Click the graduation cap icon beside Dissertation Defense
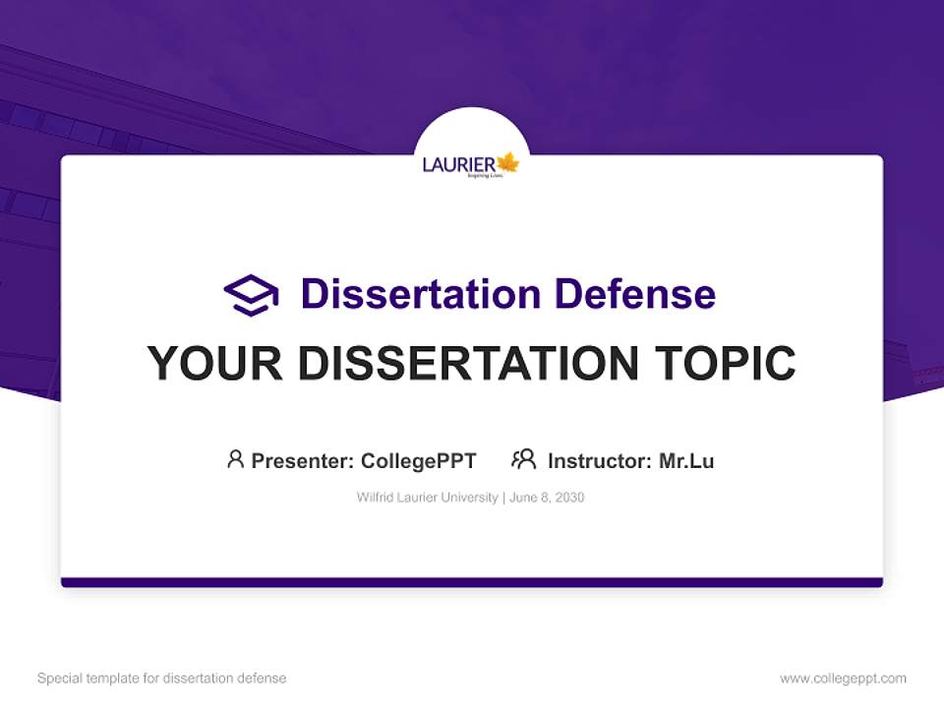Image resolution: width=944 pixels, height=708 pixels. point(251,295)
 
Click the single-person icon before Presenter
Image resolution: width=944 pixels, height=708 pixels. point(235,459)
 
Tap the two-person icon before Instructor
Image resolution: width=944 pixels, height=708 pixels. point(523,459)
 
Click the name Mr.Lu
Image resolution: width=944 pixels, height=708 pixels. point(686,461)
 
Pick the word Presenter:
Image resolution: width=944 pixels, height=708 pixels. point(302,461)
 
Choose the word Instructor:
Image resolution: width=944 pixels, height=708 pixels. point(599,461)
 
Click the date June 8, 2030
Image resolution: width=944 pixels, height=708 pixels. point(547,498)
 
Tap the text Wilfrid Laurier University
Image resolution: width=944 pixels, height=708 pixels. point(427,498)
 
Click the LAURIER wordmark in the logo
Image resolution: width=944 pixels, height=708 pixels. point(458,164)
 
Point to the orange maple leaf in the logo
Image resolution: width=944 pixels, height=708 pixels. point(507,162)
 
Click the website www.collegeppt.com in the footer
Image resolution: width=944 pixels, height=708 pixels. point(843,678)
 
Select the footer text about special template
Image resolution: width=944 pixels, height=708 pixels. point(161,678)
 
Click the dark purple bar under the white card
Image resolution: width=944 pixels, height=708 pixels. point(472,582)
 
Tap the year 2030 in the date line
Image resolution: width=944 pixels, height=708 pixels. point(569,498)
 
